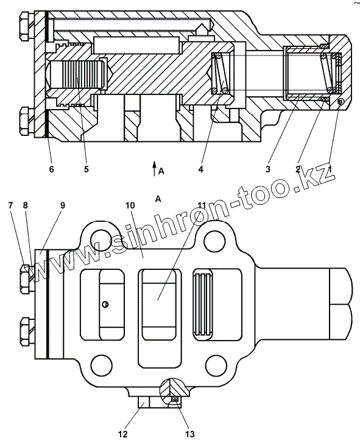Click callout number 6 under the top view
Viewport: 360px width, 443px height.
click(x=51, y=169)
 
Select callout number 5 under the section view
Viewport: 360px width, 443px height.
click(x=86, y=169)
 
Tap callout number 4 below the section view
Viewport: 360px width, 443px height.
click(x=200, y=169)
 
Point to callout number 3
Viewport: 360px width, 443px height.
click(x=267, y=169)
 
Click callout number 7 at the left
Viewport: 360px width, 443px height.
click(x=10, y=205)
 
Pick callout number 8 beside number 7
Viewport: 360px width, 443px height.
click(x=26, y=205)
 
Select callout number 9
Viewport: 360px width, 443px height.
click(x=62, y=205)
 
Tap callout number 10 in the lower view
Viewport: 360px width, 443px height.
click(x=130, y=205)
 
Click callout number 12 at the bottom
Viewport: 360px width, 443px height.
click(x=123, y=434)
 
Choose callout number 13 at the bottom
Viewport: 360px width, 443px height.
click(x=190, y=434)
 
